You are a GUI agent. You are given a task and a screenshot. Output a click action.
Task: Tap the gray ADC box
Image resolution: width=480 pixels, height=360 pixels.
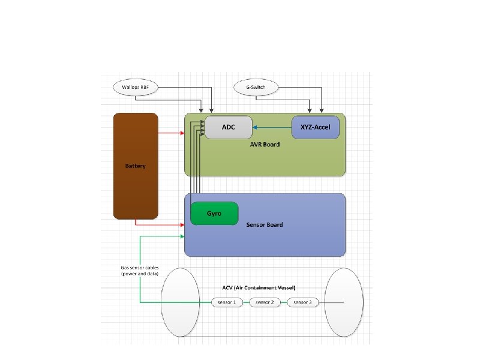(228, 127)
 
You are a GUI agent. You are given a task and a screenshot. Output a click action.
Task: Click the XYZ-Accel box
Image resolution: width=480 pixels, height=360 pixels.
(316, 127)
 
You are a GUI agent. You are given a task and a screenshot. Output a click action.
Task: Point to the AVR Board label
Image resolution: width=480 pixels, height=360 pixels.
(265, 145)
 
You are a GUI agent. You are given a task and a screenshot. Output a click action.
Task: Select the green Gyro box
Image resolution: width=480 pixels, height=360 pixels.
(214, 214)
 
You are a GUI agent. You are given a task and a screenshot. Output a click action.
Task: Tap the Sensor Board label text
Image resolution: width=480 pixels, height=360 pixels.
(265, 224)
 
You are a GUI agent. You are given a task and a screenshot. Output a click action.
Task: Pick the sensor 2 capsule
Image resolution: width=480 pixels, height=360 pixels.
(265, 302)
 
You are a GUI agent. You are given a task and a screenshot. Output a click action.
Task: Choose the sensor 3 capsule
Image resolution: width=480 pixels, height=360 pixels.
(302, 302)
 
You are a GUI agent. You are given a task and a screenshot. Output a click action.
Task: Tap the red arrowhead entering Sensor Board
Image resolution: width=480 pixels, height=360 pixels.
(182, 225)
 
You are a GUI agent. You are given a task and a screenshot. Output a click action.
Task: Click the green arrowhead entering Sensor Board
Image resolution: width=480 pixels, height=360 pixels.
(182, 236)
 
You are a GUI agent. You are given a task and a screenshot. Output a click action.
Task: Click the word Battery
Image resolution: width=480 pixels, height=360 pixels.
(136, 166)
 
